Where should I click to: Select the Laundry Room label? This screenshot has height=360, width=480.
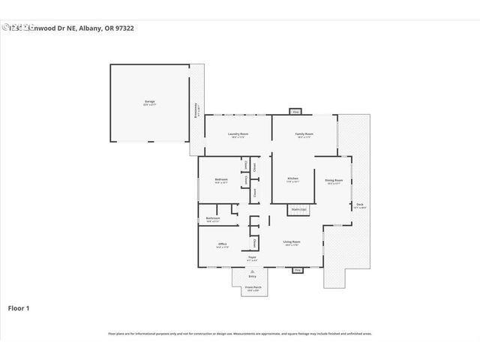pyautogui.click(x=238, y=134)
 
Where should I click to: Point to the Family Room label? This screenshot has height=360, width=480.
pyautogui.click(x=304, y=134)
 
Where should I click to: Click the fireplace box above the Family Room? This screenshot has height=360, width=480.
pyautogui.click(x=295, y=112)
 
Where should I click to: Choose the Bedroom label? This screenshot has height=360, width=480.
pyautogui.click(x=221, y=179)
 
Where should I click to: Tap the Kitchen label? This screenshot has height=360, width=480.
pyautogui.click(x=292, y=178)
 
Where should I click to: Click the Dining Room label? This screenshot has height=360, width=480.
pyautogui.click(x=334, y=180)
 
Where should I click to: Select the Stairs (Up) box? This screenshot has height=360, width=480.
pyautogui.click(x=298, y=210)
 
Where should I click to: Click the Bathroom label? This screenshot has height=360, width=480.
pyautogui.click(x=212, y=218)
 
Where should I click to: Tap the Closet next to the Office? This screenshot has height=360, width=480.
pyautogui.click(x=255, y=243)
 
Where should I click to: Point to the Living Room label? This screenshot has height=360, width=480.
pyautogui.click(x=292, y=241)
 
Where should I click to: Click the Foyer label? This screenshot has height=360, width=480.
pyautogui.click(x=252, y=257)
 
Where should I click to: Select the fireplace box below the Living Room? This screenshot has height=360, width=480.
pyautogui.click(x=297, y=269)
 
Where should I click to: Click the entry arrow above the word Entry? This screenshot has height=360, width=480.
pyautogui.click(x=252, y=271)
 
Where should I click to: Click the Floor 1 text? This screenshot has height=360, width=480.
pyautogui.click(x=19, y=308)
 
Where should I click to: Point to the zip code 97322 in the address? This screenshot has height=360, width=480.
pyautogui.click(x=123, y=28)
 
